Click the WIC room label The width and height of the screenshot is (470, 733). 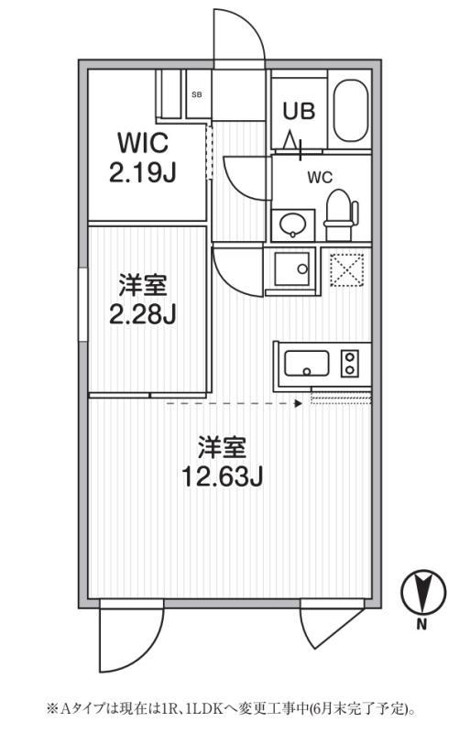pyautogui.click(x=143, y=143)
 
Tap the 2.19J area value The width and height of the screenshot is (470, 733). pyautogui.click(x=143, y=172)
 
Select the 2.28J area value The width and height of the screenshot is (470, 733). pyautogui.click(x=143, y=314)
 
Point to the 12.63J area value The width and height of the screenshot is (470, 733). pyautogui.click(x=222, y=476)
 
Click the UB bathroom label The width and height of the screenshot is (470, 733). pyautogui.click(x=299, y=111)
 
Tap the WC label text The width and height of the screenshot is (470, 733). pyautogui.click(x=320, y=178)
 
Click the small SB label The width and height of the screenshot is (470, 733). pyautogui.click(x=197, y=94)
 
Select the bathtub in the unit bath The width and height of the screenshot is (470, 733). pyautogui.click(x=350, y=111)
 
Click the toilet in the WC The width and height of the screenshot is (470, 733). pyautogui.click(x=341, y=214)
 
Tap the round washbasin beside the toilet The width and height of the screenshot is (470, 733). pyautogui.click(x=293, y=224)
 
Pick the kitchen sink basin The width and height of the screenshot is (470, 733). pyautogui.click(x=307, y=363)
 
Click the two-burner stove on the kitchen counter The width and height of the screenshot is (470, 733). pyautogui.click(x=349, y=363)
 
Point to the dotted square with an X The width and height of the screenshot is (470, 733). pyautogui.click(x=347, y=269)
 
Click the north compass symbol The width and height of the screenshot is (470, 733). pyautogui.click(x=423, y=592)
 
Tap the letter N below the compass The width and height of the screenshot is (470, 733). pyautogui.click(x=422, y=625)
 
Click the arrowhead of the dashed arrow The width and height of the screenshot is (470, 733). pyautogui.click(x=299, y=403)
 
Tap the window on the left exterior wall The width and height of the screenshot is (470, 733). pyautogui.click(x=83, y=304)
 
